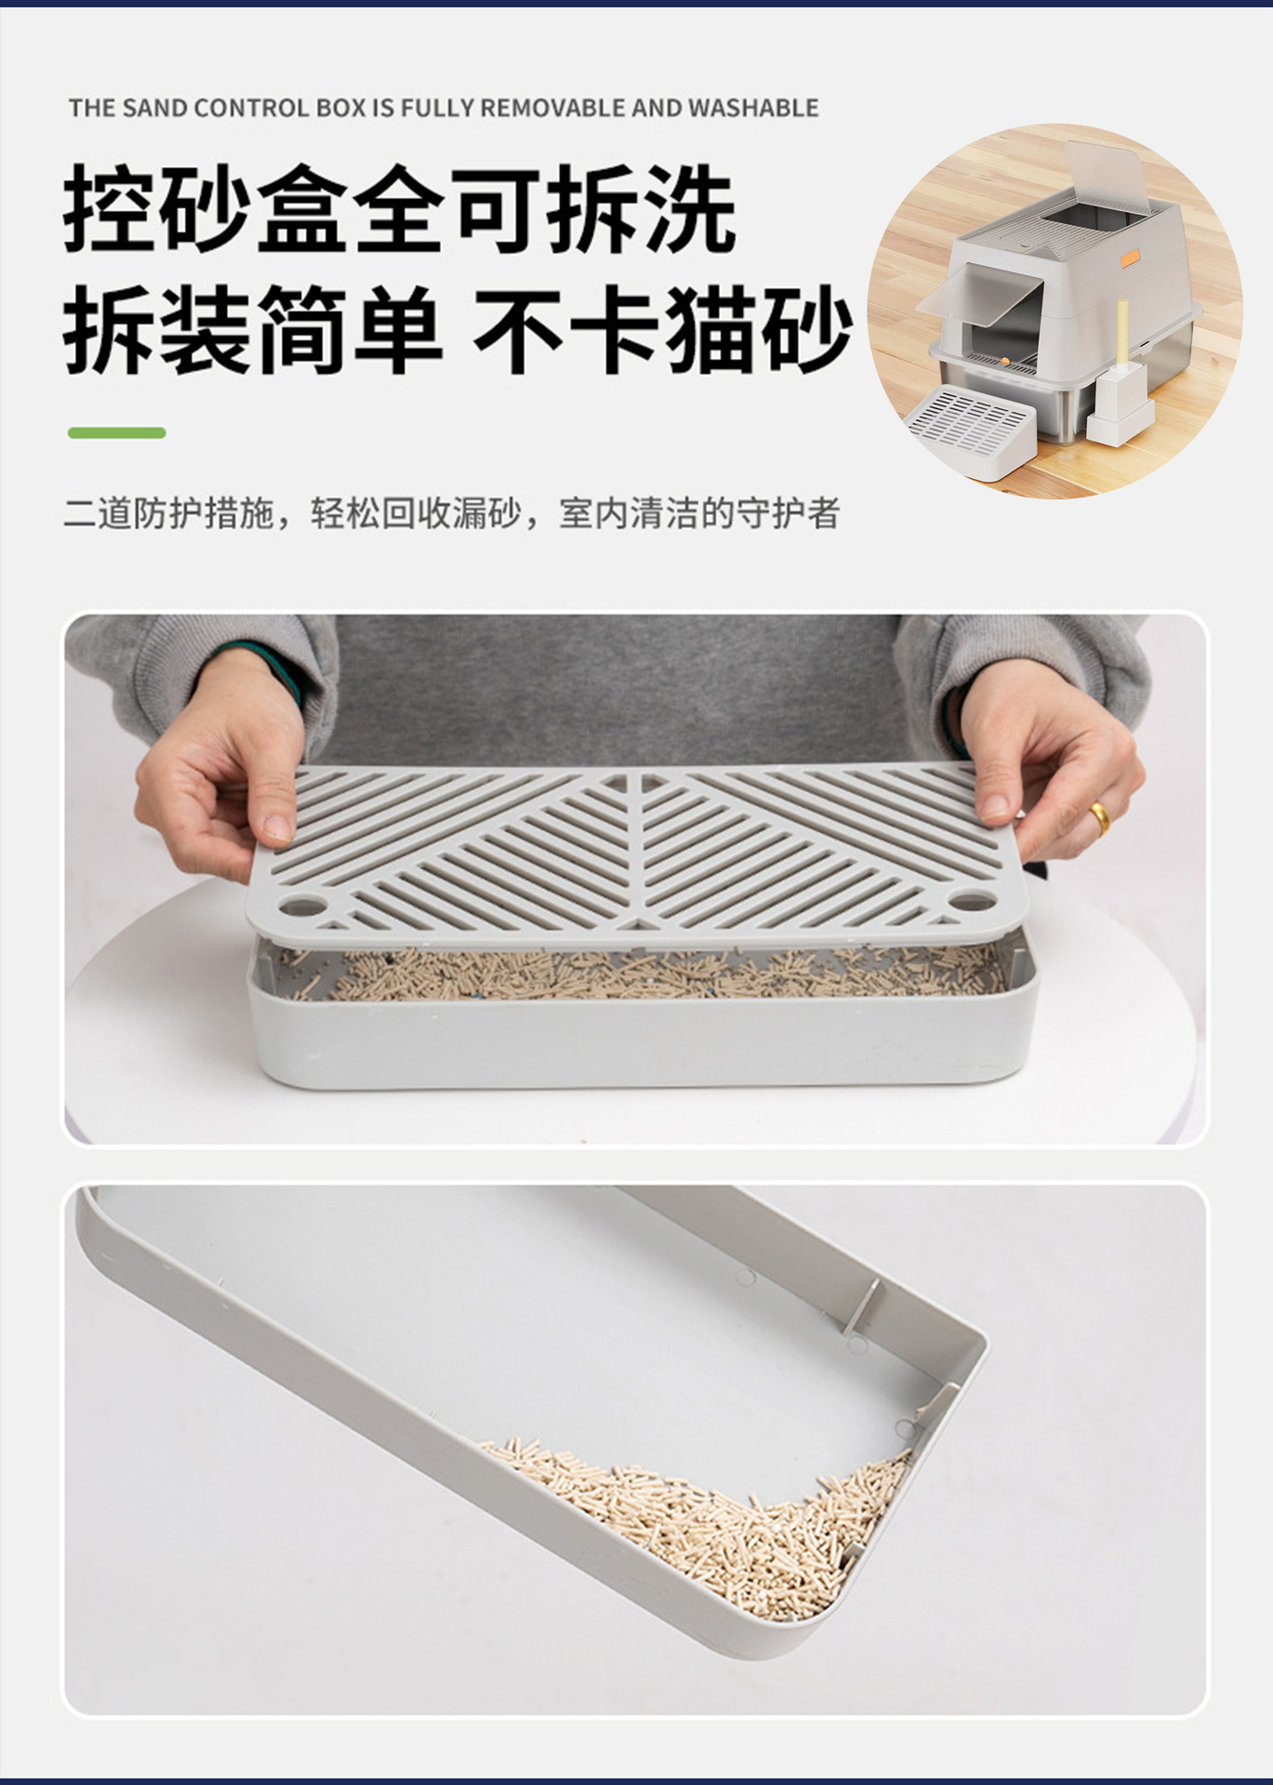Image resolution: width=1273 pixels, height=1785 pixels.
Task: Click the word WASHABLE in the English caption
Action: click(753, 108)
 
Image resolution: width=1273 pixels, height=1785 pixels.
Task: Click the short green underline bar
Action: click(117, 432)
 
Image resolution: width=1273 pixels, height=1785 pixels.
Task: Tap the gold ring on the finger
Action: click(1099, 817)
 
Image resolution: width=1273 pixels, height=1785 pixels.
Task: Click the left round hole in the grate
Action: click(299, 903)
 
